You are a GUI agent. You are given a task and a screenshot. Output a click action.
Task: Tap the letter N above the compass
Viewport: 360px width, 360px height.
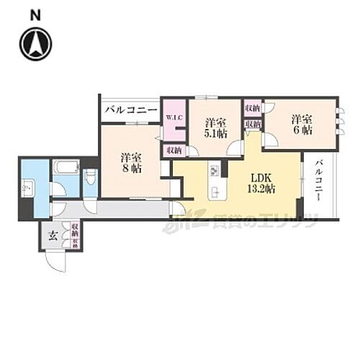point(35,14)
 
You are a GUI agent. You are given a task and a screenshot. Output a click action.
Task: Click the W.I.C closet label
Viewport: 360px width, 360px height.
point(173,118)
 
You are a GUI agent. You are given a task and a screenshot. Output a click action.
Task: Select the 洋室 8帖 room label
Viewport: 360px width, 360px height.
point(131,162)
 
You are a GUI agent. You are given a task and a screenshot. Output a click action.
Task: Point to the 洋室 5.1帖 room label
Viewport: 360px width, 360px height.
point(215,127)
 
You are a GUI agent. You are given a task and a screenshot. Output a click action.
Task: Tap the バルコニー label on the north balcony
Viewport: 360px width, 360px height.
point(130,111)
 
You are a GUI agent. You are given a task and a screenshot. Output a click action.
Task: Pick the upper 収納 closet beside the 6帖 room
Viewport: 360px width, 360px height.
point(252,108)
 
